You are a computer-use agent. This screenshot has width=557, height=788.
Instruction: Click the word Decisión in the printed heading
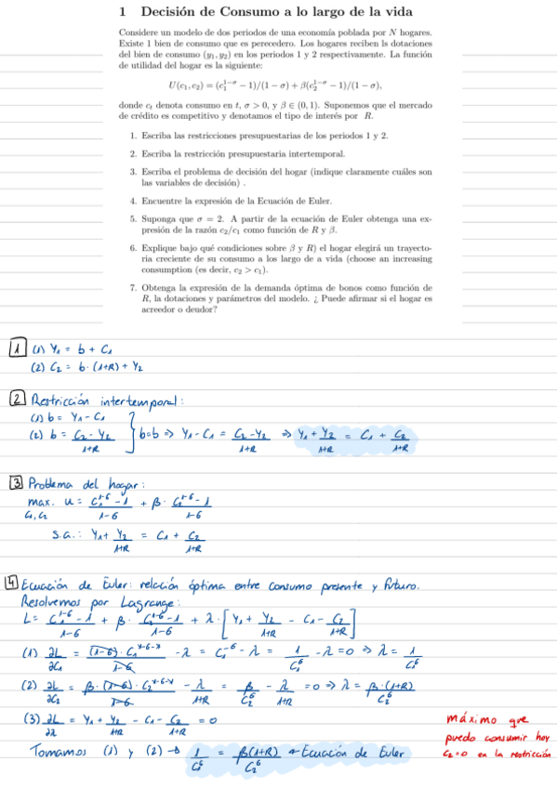(x=174, y=12)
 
